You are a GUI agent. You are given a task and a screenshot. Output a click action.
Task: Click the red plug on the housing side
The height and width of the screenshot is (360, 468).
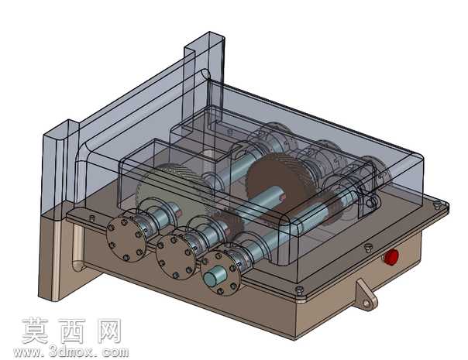tap(391, 257)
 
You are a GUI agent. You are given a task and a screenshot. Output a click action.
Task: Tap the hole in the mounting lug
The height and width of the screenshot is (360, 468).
tap(366, 303)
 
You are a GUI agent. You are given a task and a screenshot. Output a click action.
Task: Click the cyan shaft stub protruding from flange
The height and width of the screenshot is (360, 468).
tap(213, 276)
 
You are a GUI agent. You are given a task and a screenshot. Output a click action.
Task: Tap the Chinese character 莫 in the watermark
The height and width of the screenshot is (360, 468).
tap(35, 331)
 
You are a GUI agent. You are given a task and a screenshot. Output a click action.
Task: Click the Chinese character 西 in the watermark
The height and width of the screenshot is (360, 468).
tap(72, 331)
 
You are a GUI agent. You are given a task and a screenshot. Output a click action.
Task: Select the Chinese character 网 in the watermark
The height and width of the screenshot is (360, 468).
tap(109, 331)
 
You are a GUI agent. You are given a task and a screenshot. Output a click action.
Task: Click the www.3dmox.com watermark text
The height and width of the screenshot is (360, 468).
tap(71, 352)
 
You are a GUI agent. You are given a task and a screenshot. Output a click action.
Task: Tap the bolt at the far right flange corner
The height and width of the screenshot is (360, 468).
tap(437, 204)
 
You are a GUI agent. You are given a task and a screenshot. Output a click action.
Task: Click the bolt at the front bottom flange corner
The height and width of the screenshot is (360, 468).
tap(299, 290)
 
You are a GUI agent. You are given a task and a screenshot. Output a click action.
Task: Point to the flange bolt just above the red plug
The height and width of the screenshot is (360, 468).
tap(368, 248)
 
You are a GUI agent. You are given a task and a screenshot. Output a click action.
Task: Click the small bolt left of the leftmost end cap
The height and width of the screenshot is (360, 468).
tap(92, 218)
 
